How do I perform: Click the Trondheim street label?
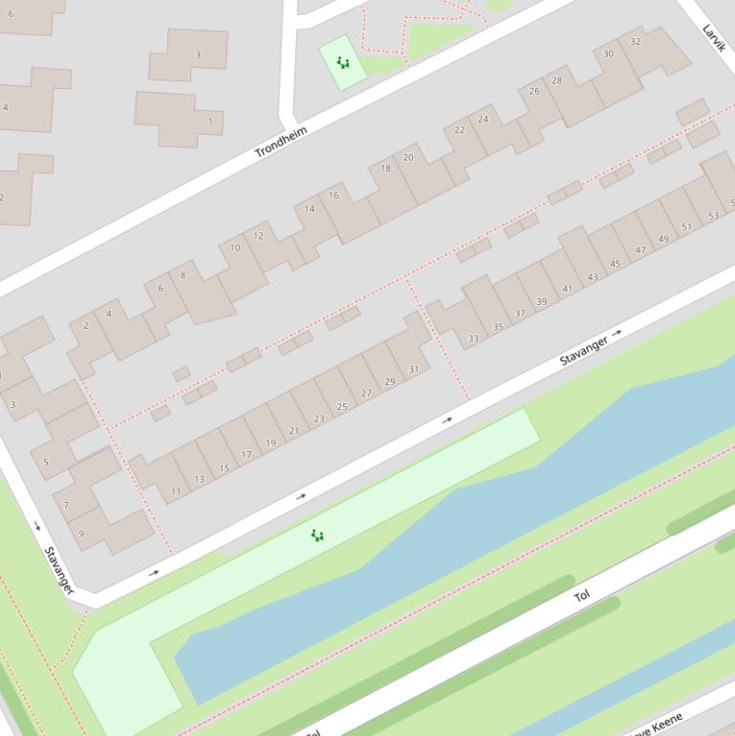pyautogui.click(x=282, y=141)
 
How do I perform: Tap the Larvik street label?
pyautogui.click(x=714, y=37)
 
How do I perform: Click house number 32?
pyautogui.click(x=636, y=42)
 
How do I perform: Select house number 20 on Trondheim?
pyautogui.click(x=408, y=158)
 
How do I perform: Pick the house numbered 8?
pyautogui.click(x=184, y=276)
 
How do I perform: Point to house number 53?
pyautogui.click(x=713, y=217)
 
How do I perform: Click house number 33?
pyautogui.click(x=473, y=338)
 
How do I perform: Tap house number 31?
pyautogui.click(x=414, y=369)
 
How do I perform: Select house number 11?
pyautogui.click(x=176, y=492)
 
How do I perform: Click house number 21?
pyautogui.click(x=293, y=431)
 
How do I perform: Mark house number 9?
pyautogui.click(x=81, y=534)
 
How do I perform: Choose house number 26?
pyautogui.click(x=534, y=92)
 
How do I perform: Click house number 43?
pyautogui.click(x=593, y=277)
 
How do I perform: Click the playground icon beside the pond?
pyautogui.click(x=317, y=535)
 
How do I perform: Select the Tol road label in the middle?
pyautogui.click(x=581, y=595)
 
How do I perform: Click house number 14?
pyautogui.click(x=310, y=209)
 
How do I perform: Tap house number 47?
pyautogui.click(x=640, y=250)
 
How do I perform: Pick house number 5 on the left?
pyautogui.click(x=45, y=463)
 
